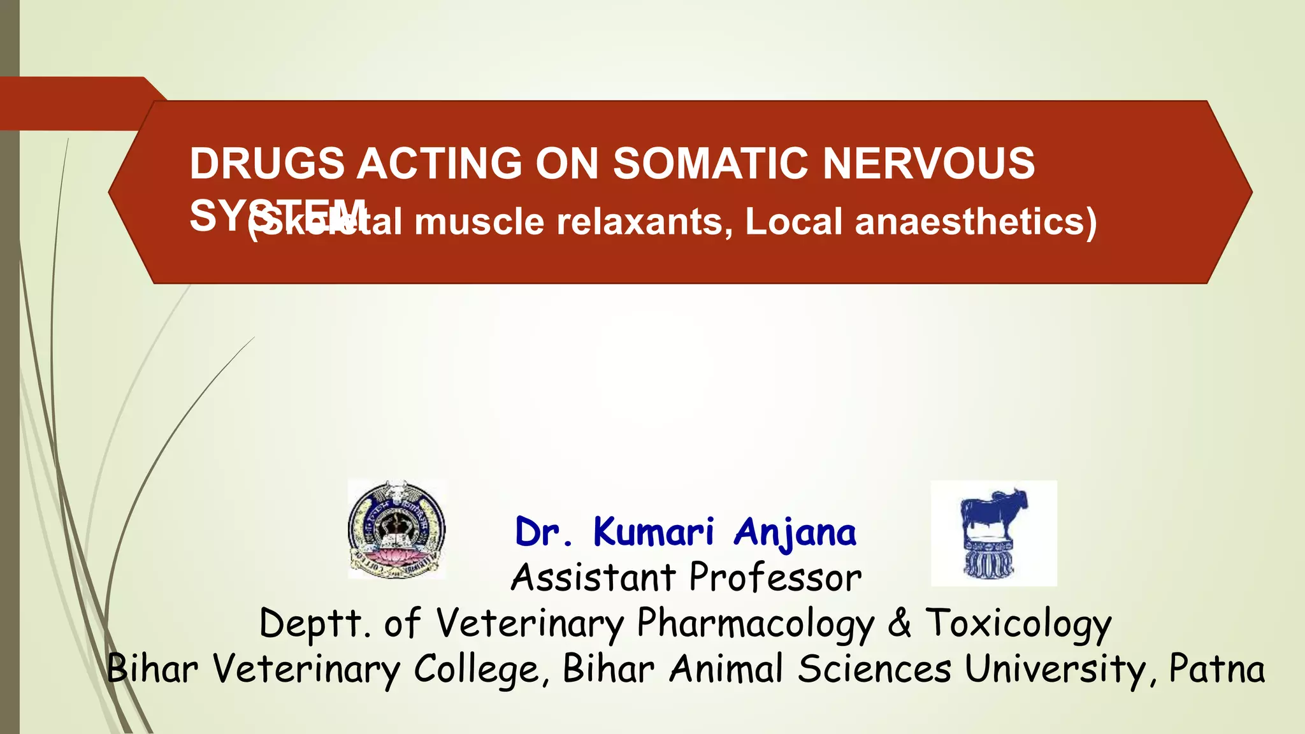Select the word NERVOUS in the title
point(929,164)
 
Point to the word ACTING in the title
point(440,164)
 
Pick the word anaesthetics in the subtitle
point(975,222)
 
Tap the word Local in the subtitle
point(793,222)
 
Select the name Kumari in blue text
point(654,532)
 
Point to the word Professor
point(775,578)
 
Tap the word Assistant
point(593,578)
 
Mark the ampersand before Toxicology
point(899,622)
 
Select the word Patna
point(1216,669)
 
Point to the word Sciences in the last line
point(874,669)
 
